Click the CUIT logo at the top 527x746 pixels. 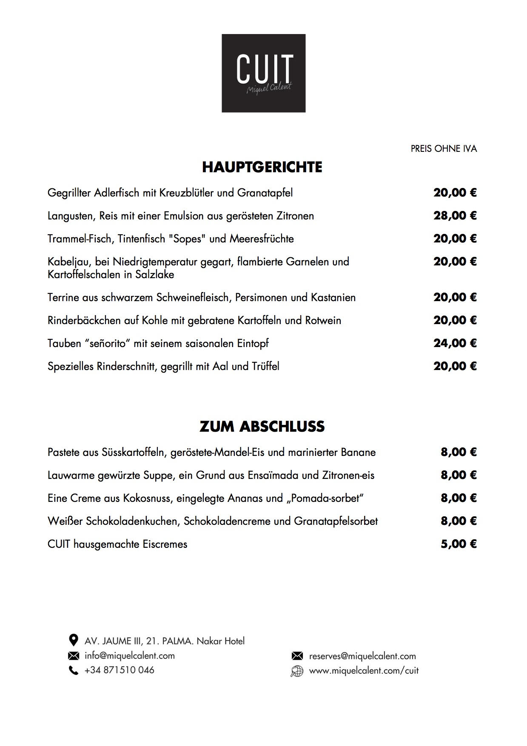[x=263, y=73]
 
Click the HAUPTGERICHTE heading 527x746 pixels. [x=262, y=167]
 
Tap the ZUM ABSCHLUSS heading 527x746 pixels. [x=262, y=426]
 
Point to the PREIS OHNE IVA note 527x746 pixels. [x=444, y=149]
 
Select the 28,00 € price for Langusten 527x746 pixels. [x=455, y=216]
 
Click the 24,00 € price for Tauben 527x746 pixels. [x=455, y=343]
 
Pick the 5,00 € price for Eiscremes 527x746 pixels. [x=459, y=544]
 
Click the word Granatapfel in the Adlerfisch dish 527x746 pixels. [x=265, y=193]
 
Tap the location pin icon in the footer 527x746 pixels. [x=73, y=640]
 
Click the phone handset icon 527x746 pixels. [x=74, y=671]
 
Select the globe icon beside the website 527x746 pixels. [x=296, y=671]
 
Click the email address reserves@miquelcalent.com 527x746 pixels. [x=362, y=656]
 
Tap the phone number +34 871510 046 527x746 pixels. [x=120, y=670]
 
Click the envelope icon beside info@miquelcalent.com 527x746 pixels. [x=74, y=656]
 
